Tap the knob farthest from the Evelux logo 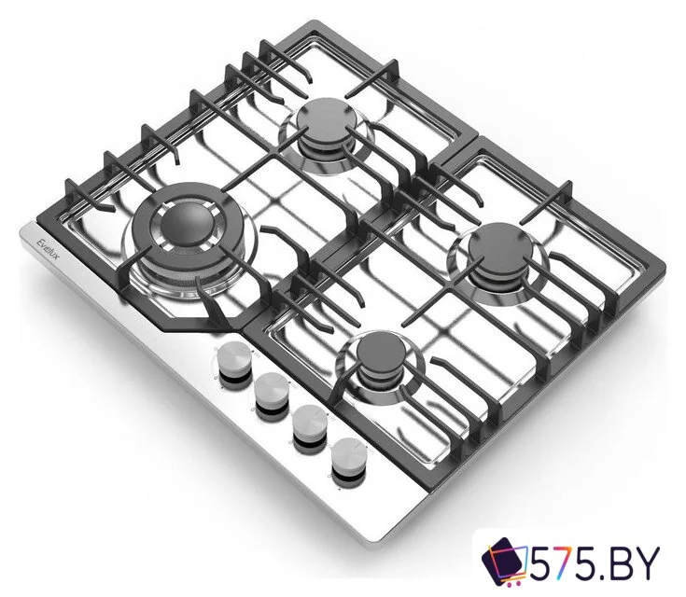click(x=349, y=454)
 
